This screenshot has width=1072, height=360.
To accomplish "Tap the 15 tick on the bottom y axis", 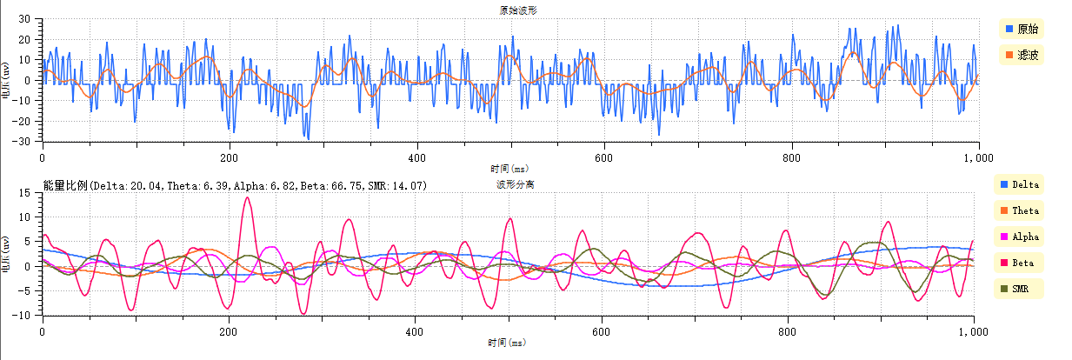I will click(27, 192).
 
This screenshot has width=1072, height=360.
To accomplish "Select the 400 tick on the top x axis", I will click(416, 158).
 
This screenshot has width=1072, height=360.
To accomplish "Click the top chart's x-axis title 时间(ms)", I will click(509, 169).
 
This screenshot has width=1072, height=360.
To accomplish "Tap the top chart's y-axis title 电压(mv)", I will click(7, 80).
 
